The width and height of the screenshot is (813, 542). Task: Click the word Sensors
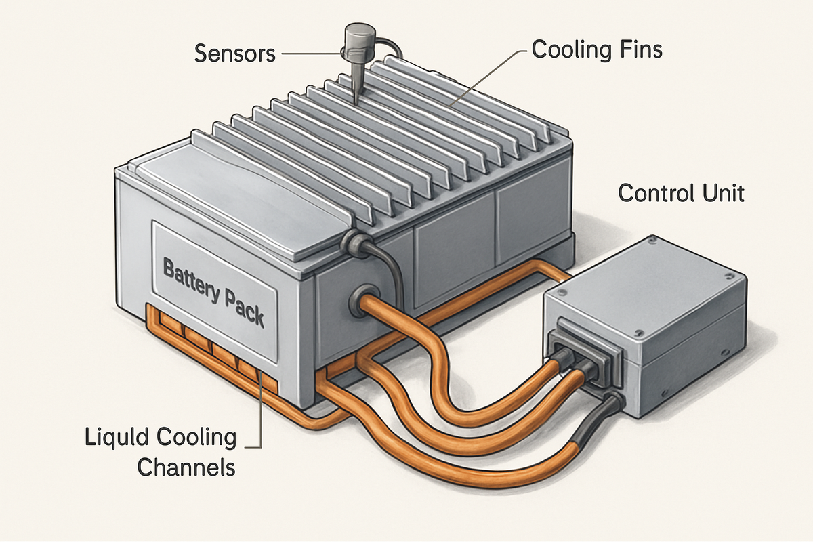click(x=234, y=53)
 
